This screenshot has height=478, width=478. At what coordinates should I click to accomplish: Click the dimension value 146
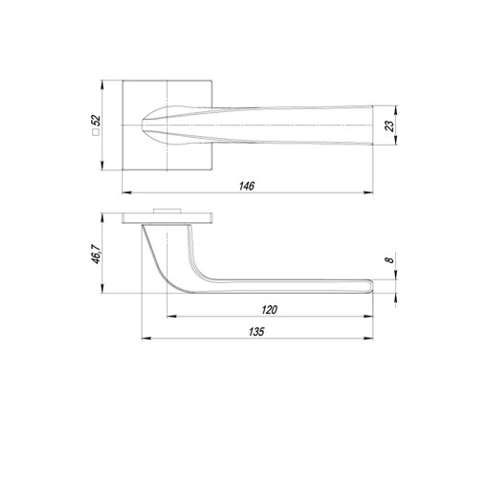point(247,186)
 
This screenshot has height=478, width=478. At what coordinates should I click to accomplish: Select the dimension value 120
point(270,310)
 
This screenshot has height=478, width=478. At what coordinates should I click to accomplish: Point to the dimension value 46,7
point(96,253)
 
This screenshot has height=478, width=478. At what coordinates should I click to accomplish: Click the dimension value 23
point(390,125)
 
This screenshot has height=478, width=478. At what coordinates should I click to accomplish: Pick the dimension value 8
point(390,260)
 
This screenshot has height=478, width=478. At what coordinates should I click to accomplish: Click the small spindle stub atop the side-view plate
point(167,210)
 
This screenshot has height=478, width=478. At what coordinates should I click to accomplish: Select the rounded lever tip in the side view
point(370,285)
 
